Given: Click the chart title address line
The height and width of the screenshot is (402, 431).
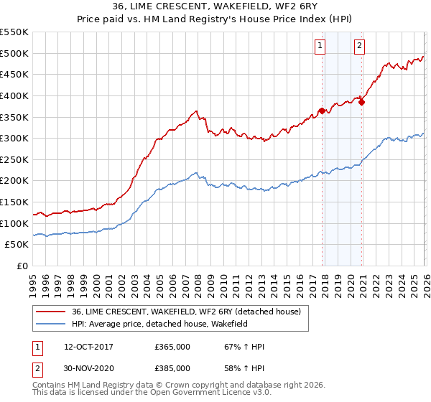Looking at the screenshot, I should pos(215,6).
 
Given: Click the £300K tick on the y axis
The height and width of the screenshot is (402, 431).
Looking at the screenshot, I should pos(14,138).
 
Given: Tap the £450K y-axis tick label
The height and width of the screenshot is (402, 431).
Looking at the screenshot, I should pos(14,74).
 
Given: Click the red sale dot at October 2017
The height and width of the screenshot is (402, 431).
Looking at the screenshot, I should pos(322,111).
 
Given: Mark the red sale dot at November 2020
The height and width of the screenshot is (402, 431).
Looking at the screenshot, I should pos(362,102).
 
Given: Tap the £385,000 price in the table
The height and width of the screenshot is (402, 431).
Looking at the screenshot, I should pos(172,368).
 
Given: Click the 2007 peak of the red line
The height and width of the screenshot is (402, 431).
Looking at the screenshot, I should pos(196,111).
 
